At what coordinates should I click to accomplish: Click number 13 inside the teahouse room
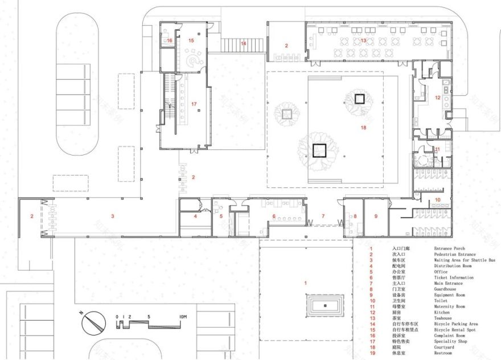[363, 40]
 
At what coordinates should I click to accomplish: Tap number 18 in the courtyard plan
[363, 128]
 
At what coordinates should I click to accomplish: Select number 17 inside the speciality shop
[194, 104]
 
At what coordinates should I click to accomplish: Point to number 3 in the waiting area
[113, 216]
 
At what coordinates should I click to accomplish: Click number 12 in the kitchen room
[438, 98]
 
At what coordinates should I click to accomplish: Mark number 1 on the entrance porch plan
[305, 283]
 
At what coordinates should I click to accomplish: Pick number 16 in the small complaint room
[170, 41]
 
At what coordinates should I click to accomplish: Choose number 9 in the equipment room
[376, 216]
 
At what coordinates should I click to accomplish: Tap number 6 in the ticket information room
[274, 216]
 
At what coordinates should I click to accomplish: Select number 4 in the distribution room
[195, 216]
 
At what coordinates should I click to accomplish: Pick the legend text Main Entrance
[449, 283]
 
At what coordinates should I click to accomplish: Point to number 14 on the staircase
[243, 43]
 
